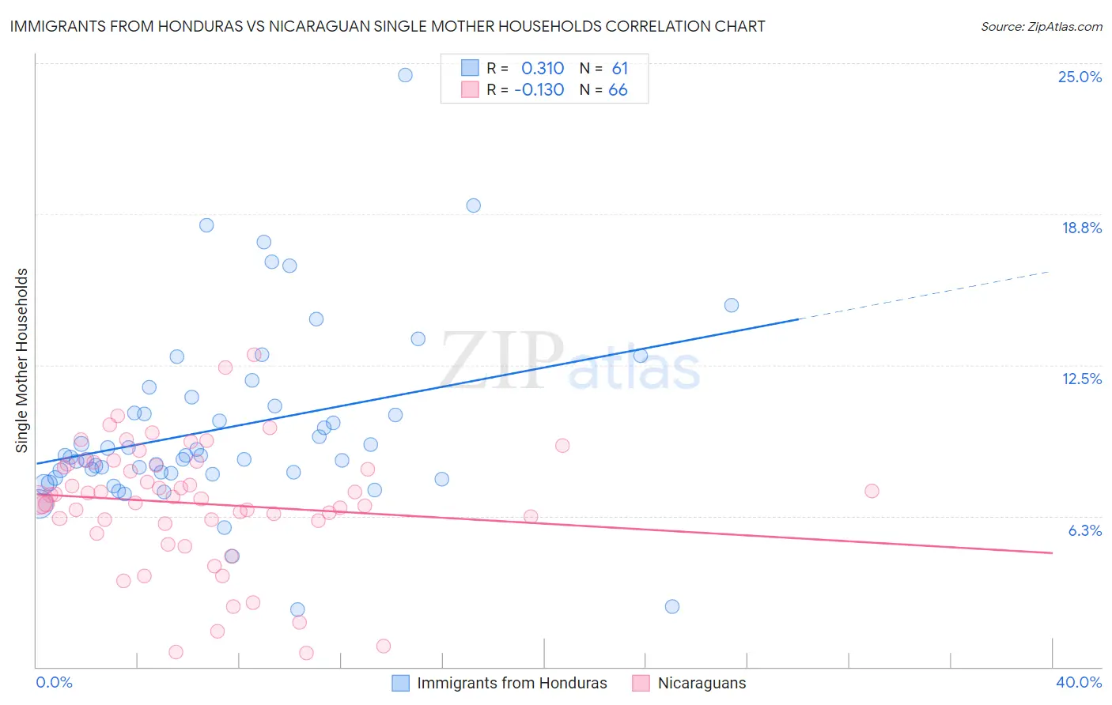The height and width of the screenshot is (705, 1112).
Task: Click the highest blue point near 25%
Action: coord(405,75)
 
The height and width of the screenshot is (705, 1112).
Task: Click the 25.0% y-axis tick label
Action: coord(1080,77)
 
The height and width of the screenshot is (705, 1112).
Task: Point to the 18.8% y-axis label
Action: coord(1081,228)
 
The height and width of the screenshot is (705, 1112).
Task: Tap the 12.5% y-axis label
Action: coord(1081,379)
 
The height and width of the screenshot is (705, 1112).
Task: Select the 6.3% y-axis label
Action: coord(1084,530)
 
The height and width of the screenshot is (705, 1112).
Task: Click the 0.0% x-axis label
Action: coord(54,682)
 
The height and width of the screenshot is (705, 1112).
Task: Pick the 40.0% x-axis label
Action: coord(1078,682)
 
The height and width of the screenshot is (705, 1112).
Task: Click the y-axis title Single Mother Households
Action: coord(22,360)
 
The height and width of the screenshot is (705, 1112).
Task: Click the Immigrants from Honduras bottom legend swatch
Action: coord(401,683)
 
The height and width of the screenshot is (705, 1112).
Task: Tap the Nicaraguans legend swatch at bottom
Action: coord(641,683)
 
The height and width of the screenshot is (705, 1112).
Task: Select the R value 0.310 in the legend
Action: coord(543,69)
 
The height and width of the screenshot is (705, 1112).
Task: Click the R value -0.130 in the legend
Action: coord(539,90)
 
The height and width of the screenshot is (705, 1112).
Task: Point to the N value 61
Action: coord(619,69)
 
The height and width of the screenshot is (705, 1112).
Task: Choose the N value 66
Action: coord(618,90)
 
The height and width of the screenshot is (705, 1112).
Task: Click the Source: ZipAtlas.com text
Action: coord(1041,27)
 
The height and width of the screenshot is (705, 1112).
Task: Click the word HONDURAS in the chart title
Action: coord(168,26)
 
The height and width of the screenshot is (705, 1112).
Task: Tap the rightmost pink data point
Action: coord(872,491)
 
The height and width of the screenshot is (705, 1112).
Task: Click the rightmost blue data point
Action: coord(732,305)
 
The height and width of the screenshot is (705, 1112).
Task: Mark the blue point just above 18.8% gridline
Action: coord(473,205)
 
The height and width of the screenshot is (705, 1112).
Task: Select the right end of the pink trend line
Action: coord(1052,552)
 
